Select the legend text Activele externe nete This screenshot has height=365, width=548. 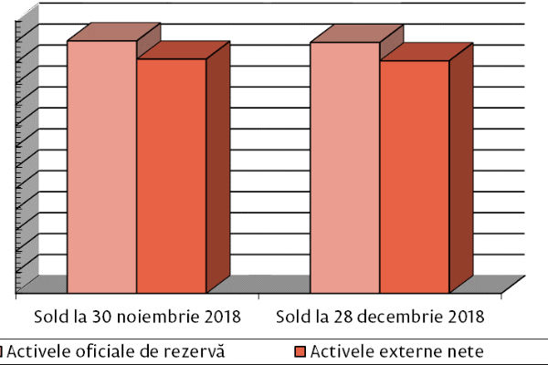point(396,350)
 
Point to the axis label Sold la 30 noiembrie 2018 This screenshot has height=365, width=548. point(137,318)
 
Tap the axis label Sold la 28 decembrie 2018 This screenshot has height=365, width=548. point(379,318)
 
